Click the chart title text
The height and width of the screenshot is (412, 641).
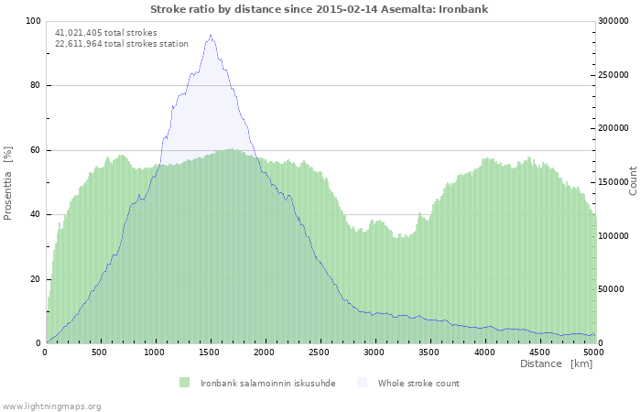pyautogui.click(x=319, y=9)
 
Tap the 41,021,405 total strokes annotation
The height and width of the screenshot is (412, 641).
pyautogui.click(x=105, y=32)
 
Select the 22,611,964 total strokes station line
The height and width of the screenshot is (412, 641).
pyautogui.click(x=121, y=43)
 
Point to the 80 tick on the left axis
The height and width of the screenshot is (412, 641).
pyautogui.click(x=36, y=86)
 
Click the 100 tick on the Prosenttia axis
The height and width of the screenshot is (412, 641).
pyautogui.click(x=33, y=21)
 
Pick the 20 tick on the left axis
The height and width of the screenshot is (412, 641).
pyautogui.click(x=36, y=279)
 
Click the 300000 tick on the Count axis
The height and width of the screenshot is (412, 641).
pyautogui.click(x=614, y=21)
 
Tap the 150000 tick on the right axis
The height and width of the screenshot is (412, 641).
pyautogui.click(x=614, y=182)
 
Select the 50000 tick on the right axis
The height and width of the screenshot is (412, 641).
pyautogui.click(x=612, y=289)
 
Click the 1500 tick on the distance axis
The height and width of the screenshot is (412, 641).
pyautogui.click(x=210, y=352)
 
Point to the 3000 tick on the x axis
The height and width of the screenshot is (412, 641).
pyautogui.click(x=375, y=352)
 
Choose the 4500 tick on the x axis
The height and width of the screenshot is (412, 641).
pyautogui.click(x=539, y=352)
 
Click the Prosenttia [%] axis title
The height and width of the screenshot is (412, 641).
pyautogui.click(x=8, y=183)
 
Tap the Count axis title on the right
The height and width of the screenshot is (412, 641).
pyautogui.click(x=632, y=180)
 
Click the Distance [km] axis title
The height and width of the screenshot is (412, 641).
pyautogui.click(x=556, y=363)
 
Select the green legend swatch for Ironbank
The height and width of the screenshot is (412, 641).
pyautogui.click(x=184, y=383)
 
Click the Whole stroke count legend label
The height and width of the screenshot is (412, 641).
pyautogui.click(x=418, y=383)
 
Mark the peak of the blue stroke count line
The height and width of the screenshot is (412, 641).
pyautogui.click(x=211, y=36)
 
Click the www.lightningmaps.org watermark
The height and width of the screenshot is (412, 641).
pyautogui.click(x=51, y=406)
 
